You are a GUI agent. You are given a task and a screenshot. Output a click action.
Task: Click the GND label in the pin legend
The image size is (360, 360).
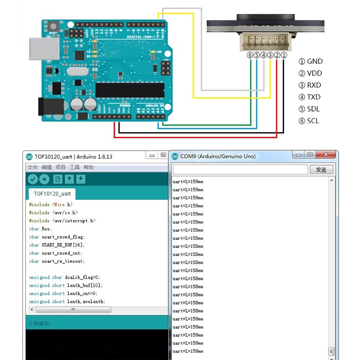(x=315, y=62)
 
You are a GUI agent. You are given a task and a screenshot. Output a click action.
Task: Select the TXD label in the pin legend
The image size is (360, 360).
(x=314, y=97)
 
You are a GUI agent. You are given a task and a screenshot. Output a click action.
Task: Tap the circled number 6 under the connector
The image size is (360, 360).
(x=250, y=55)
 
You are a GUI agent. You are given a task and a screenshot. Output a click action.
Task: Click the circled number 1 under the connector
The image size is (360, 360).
(x=284, y=55)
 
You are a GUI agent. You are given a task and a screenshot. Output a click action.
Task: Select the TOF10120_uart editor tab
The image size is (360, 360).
(x=52, y=194)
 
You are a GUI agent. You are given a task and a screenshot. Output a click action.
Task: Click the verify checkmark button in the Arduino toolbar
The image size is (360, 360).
(x=32, y=179)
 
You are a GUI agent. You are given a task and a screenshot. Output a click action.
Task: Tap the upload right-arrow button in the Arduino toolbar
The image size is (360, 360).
(x=44, y=179)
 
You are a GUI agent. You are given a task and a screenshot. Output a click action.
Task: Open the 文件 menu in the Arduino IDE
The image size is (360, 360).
(x=32, y=167)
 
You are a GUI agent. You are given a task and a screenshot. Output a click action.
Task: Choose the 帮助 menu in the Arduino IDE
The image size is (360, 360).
(x=89, y=167)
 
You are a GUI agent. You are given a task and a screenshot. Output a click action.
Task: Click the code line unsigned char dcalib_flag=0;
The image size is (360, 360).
(x=64, y=278)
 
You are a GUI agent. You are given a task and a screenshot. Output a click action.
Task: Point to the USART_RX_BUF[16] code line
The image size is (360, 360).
(x=57, y=245)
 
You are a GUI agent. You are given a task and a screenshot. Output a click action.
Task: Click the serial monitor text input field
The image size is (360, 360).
(x=240, y=170)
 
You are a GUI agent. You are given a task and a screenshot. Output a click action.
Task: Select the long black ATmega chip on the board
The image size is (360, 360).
(x=129, y=90)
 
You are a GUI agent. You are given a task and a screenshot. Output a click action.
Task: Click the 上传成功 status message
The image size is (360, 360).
(x=40, y=324)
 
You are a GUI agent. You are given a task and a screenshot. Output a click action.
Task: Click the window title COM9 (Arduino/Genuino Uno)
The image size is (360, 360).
(x=218, y=157)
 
